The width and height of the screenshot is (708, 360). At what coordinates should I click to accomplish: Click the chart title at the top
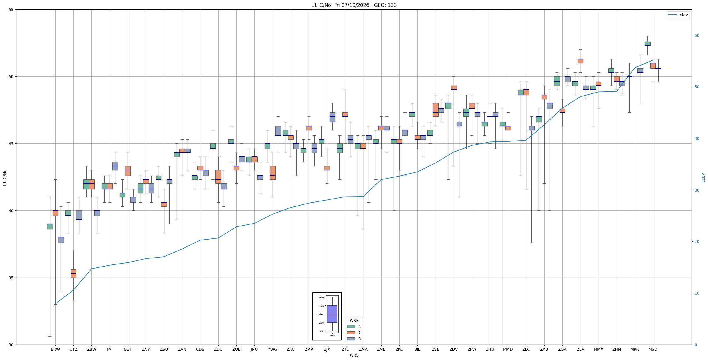[354, 5]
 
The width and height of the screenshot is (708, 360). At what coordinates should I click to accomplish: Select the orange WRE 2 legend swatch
[351, 333]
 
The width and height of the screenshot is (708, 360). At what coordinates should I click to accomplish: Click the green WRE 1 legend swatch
[351, 327]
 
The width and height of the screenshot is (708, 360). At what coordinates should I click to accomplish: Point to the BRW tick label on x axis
[55, 349]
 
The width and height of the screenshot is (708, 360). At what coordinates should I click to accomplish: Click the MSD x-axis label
[653, 349]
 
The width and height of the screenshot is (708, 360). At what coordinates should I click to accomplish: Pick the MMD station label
[508, 349]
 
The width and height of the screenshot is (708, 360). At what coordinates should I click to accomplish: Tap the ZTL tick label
[345, 349]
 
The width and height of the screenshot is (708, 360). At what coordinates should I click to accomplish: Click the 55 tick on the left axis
[11, 10]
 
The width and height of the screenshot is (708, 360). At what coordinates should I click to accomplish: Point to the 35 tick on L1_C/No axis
[11, 278]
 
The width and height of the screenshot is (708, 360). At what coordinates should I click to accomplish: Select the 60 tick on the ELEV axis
[697, 35]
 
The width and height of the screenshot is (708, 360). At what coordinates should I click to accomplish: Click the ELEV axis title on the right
[703, 177]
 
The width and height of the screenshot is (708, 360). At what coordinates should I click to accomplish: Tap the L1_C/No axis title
[5, 177]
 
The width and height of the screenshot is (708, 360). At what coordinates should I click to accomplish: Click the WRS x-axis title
[354, 355]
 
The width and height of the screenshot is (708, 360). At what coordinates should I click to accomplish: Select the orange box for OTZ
[73, 273]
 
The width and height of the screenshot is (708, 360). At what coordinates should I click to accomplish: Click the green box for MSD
[647, 44]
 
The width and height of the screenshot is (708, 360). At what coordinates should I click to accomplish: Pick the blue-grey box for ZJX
[333, 117]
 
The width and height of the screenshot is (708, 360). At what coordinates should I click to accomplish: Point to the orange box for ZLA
[580, 61]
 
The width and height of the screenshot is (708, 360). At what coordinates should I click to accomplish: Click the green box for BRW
[50, 226]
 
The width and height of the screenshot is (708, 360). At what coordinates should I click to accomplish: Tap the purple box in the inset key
[332, 314]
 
